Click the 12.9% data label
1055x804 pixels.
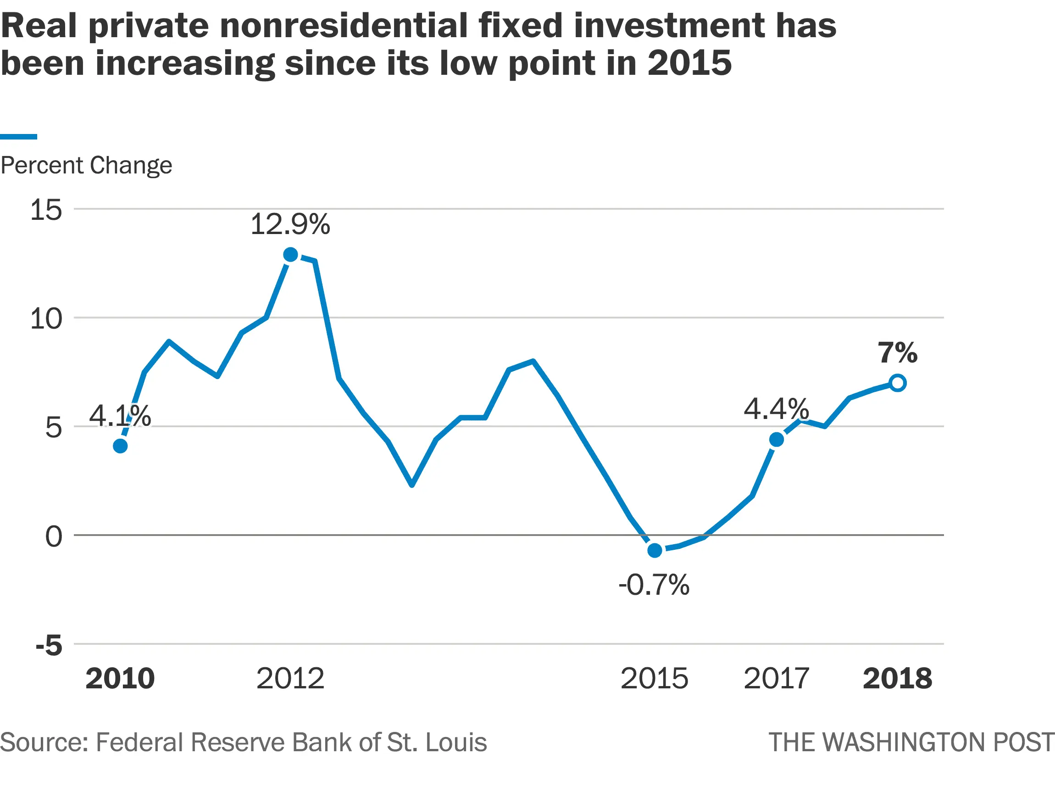coord(290,224)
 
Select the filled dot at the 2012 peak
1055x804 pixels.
coord(290,255)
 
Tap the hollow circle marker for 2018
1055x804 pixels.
coord(898,383)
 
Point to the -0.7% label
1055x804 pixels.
coord(654,585)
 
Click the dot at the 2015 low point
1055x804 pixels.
coord(655,550)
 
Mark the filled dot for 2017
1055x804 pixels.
coord(777,439)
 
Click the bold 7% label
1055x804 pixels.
coord(897,353)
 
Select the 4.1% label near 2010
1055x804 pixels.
coord(120,415)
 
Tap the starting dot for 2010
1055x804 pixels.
coord(120,446)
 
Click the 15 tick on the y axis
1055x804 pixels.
coord(46,210)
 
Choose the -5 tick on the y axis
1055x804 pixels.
coord(49,645)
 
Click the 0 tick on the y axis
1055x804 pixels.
coord(54,536)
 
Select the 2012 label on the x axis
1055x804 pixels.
coord(290,678)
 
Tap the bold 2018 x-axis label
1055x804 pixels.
coord(897,678)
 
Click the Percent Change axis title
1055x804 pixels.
coord(86,166)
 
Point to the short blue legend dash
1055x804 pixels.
coord(18,137)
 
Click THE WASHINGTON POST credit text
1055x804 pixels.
coord(911,742)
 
